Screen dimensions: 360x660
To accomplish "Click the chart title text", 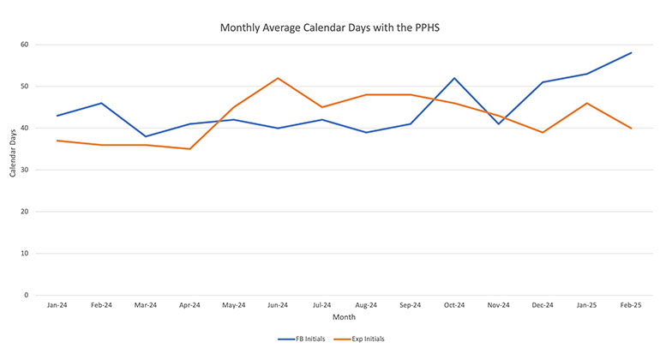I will [x=330, y=27].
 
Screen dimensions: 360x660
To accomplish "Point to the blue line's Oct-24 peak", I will [x=453, y=78].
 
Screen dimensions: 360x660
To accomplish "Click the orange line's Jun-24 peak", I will [x=277, y=78].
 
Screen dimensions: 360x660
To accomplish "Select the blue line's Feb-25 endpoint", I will [x=631, y=53].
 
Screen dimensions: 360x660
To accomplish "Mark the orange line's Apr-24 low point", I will [x=189, y=149].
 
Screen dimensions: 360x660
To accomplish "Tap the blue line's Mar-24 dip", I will [x=145, y=136].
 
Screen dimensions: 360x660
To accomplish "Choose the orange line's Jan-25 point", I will [x=586, y=103].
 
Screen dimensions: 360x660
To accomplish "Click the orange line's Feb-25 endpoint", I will [x=631, y=129].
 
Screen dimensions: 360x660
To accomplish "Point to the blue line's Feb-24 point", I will [x=100, y=103].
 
